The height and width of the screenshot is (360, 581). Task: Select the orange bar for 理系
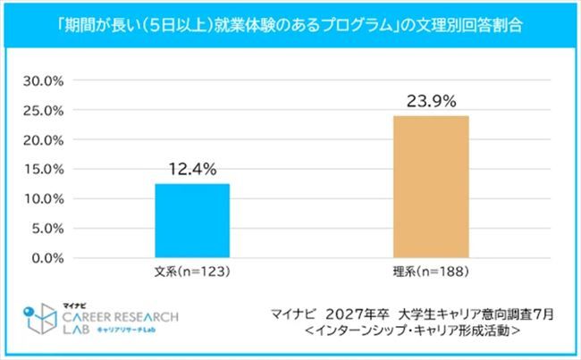point(431,187)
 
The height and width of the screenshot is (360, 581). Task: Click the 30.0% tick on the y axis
point(43,81)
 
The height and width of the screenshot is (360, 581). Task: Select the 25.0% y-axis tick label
point(43,111)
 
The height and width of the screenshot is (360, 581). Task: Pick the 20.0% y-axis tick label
point(43,140)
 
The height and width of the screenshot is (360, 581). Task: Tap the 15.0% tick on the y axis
point(43,170)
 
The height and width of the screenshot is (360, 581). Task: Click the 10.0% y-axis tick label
point(43,199)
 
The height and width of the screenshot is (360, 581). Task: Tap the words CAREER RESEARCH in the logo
point(120,317)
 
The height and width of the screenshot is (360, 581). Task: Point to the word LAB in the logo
point(76,331)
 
